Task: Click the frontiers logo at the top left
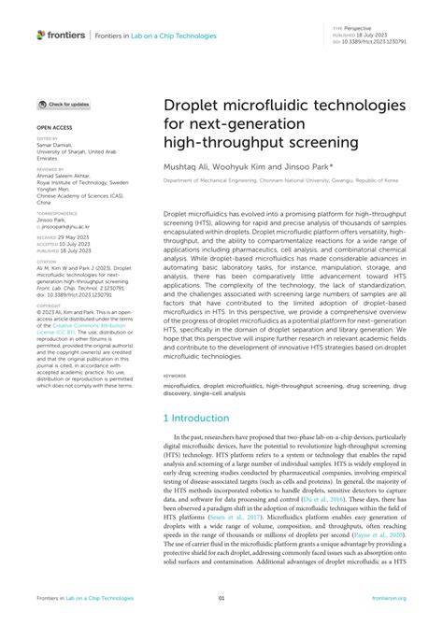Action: (59, 36)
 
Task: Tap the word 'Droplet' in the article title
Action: (198, 105)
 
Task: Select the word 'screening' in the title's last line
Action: (301, 140)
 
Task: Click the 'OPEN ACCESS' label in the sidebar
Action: (54, 125)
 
